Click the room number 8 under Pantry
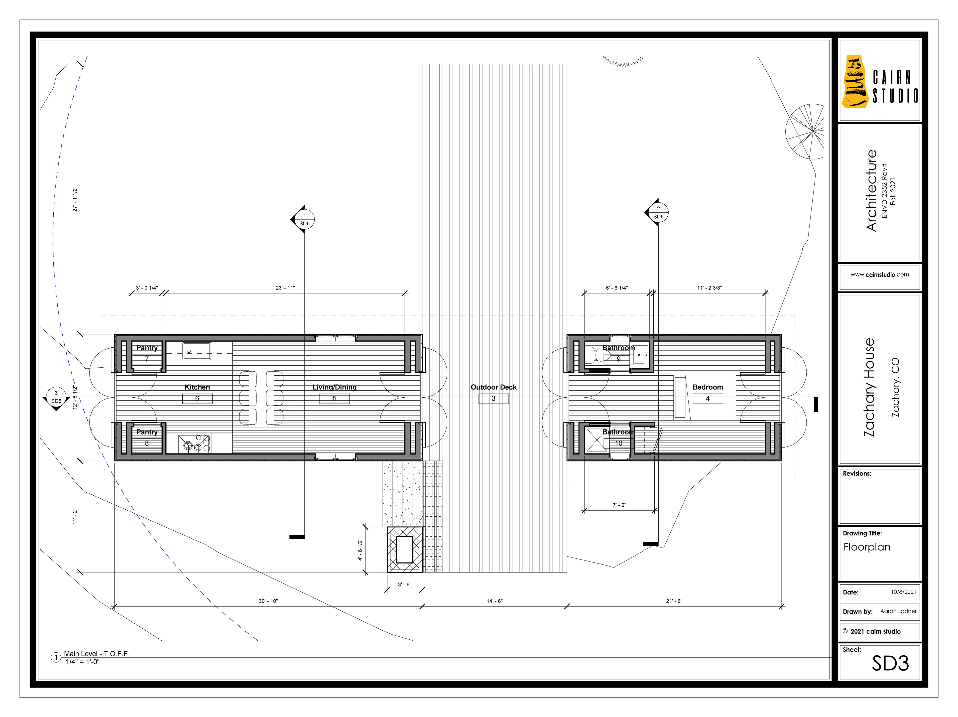click(x=147, y=443)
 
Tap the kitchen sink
click(x=197, y=351)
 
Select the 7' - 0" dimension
click(x=619, y=505)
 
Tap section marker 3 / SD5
click(x=56, y=398)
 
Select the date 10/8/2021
click(x=903, y=592)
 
